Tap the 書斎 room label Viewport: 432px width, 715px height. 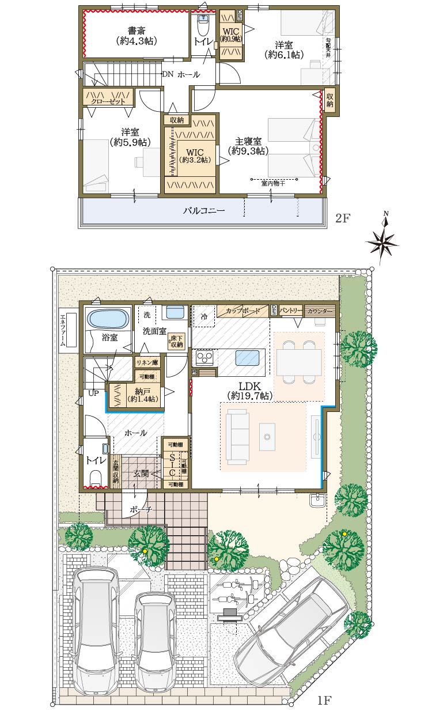(137, 35)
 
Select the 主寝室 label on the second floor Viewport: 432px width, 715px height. (249, 145)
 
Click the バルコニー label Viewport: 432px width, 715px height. (204, 211)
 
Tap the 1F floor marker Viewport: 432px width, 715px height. (324, 701)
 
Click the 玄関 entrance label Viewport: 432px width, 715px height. (142, 474)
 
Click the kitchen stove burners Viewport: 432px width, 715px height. (204, 358)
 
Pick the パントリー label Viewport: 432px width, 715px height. (291, 311)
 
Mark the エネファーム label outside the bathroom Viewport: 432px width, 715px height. (63, 330)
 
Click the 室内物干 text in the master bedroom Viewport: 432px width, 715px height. (274, 183)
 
